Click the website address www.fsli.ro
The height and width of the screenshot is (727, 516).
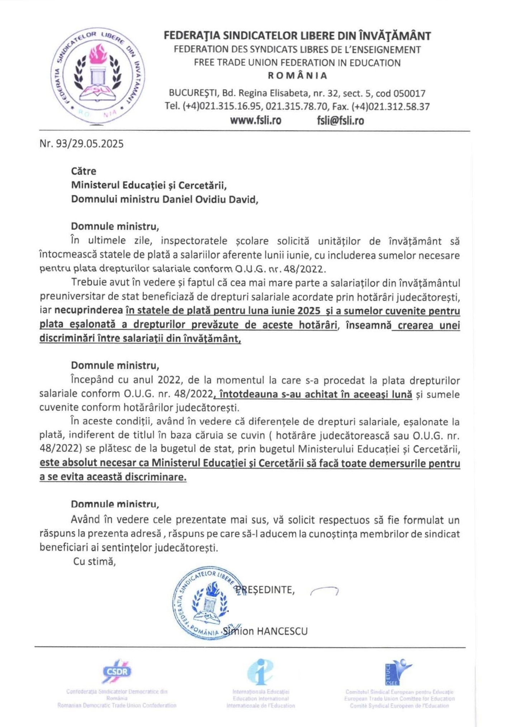(x=255, y=121)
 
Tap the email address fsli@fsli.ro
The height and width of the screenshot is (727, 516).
(x=340, y=121)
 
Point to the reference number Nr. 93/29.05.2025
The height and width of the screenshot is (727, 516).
(x=81, y=144)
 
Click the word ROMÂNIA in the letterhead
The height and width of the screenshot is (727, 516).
(x=298, y=76)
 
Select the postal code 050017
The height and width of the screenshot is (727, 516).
(x=409, y=94)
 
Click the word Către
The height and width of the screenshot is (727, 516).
(x=84, y=171)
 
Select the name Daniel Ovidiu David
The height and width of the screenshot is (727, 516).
(x=210, y=199)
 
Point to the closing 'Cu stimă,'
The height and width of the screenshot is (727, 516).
(x=94, y=562)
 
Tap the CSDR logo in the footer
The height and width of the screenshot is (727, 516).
(x=117, y=671)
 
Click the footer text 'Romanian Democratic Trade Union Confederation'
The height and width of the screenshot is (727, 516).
(x=117, y=705)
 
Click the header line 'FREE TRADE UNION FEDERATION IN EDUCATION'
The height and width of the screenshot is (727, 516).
(x=297, y=63)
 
